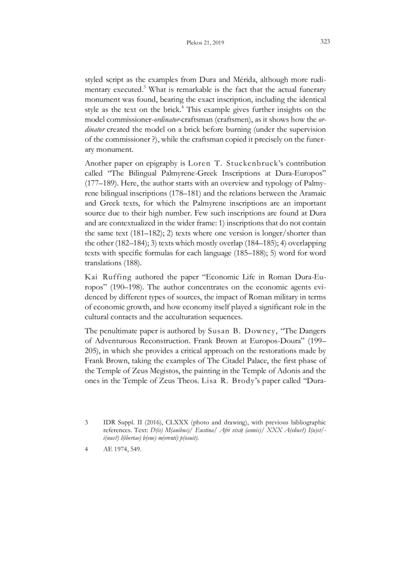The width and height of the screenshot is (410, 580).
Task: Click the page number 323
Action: point(324,42)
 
